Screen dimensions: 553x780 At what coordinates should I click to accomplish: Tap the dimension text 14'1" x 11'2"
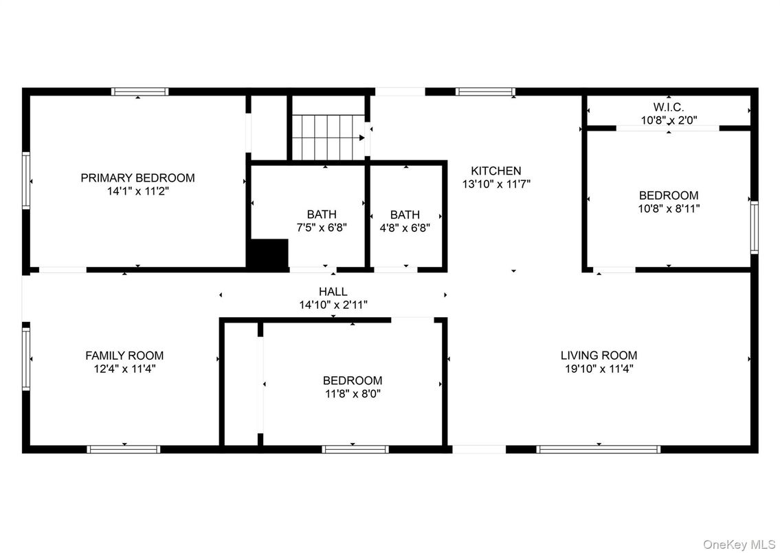138,192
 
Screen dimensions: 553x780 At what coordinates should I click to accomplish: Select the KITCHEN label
495,171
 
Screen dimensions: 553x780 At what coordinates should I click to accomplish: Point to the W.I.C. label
668,107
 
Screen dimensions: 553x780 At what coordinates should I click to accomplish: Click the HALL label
333,292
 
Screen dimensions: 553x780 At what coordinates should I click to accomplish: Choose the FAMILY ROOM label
124,356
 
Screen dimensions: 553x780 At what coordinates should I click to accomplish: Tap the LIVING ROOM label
599,356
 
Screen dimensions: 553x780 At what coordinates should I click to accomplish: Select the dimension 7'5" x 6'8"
322,228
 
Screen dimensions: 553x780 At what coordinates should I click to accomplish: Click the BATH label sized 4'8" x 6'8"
405,215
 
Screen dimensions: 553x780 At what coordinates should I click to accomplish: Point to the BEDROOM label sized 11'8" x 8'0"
353,380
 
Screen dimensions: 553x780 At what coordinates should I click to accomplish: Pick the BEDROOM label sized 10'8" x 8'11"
669,195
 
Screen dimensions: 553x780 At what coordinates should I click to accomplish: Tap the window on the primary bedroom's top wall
140,91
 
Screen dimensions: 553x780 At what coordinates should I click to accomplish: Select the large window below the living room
598,449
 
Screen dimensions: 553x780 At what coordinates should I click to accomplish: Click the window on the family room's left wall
26,358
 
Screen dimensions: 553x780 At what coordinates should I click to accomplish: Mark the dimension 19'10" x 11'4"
599,369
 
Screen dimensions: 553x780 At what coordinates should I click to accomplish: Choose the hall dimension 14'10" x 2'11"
333,305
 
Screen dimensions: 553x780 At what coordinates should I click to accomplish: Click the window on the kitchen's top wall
485,91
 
